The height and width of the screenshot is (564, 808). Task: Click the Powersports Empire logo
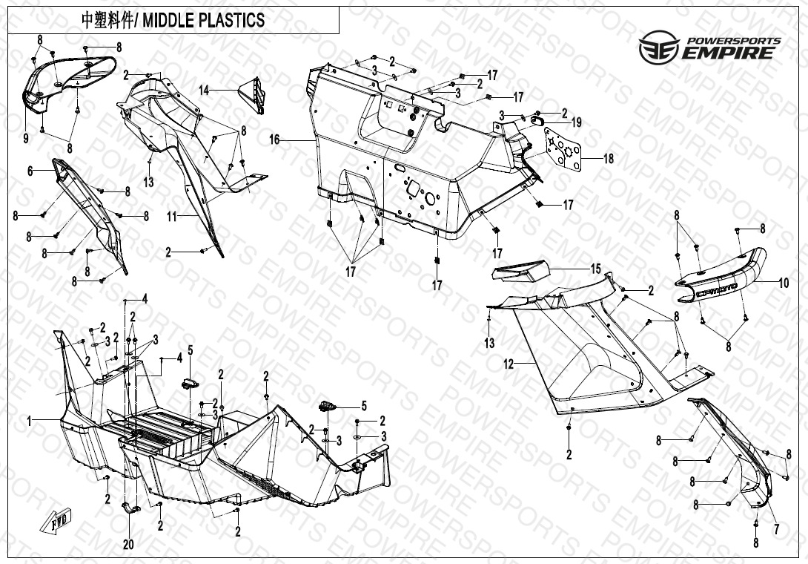pyautogui.click(x=709, y=47)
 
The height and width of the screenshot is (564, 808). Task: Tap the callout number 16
pyautogui.click(x=274, y=140)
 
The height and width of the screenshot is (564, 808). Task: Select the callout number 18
pyautogui.click(x=608, y=159)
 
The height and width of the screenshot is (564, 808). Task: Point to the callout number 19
pyautogui.click(x=576, y=122)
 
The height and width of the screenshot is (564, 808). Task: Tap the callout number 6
pyautogui.click(x=30, y=171)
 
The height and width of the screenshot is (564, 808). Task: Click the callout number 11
pyautogui.click(x=171, y=217)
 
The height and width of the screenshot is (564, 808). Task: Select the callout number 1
pyautogui.click(x=30, y=421)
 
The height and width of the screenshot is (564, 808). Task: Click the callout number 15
pyautogui.click(x=595, y=269)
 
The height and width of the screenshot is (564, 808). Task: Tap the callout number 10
pyautogui.click(x=784, y=282)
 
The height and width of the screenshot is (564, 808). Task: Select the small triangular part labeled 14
pyautogui.click(x=252, y=95)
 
